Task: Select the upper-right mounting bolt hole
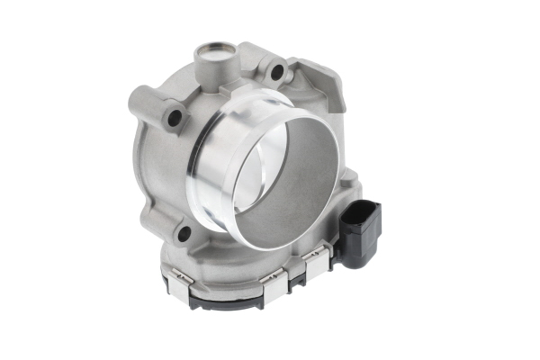click(x=277, y=70)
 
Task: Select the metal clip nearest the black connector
click(x=317, y=263)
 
